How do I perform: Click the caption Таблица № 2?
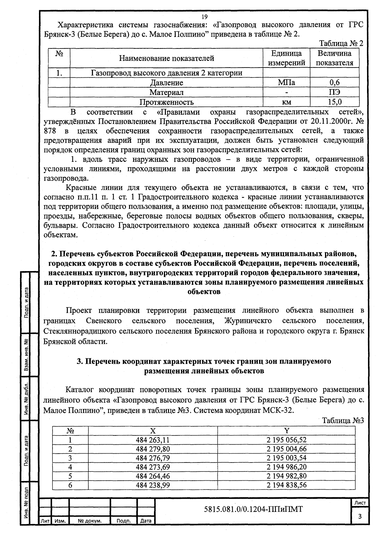[341, 43]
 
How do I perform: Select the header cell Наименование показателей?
[166, 58]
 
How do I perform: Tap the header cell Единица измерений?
[286, 58]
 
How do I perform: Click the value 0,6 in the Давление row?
[335, 82]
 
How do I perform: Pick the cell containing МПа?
[286, 82]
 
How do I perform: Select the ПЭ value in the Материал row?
[335, 92]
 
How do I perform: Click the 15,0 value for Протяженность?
[335, 102]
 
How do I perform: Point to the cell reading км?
[286, 102]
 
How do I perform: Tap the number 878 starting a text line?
[50, 131]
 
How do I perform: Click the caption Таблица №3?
[343, 420]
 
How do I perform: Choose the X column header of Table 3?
[153, 431]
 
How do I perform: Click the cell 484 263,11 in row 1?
[153, 440]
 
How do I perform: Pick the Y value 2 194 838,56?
[286, 485]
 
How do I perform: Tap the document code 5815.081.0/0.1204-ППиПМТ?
[253, 509]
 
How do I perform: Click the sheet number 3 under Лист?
[360, 517]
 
